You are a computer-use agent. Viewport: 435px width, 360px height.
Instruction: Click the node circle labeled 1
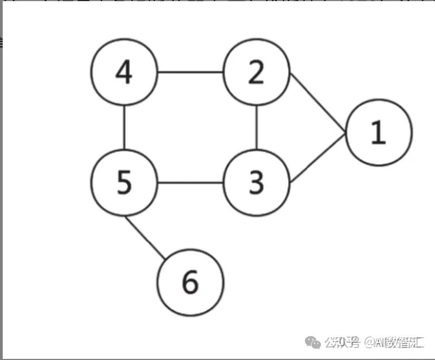379,132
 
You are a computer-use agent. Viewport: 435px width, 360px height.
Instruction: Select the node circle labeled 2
256,73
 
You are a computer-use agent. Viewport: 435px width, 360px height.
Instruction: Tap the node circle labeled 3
256,182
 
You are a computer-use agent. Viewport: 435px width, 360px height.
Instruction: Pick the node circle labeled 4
125,73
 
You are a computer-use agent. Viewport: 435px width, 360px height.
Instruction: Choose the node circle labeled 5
125,182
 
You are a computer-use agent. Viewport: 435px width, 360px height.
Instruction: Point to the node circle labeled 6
190,282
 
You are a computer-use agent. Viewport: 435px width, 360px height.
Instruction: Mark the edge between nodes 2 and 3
257,128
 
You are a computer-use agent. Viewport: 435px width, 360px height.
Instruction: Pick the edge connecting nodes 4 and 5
125,128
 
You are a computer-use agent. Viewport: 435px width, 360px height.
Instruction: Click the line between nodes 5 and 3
190,182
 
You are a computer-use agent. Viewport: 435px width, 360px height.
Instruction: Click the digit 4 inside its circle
125,73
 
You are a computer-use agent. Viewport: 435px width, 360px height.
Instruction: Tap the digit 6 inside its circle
190,282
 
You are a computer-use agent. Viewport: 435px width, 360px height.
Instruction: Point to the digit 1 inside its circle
378,132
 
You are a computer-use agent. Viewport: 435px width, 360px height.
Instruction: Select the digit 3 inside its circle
256,182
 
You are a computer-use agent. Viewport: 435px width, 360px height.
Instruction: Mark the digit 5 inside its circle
125,182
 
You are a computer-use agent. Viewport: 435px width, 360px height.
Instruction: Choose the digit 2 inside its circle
256,73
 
